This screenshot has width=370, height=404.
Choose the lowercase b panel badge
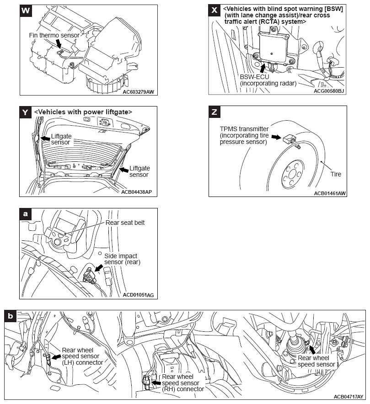click(11, 315)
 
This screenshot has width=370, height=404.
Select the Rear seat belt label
click(125, 223)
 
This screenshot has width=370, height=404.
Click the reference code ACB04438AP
click(137, 192)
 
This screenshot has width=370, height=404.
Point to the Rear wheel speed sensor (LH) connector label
click(82, 356)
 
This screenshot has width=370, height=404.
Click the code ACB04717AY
click(349, 396)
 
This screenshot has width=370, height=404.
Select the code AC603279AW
click(139, 91)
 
